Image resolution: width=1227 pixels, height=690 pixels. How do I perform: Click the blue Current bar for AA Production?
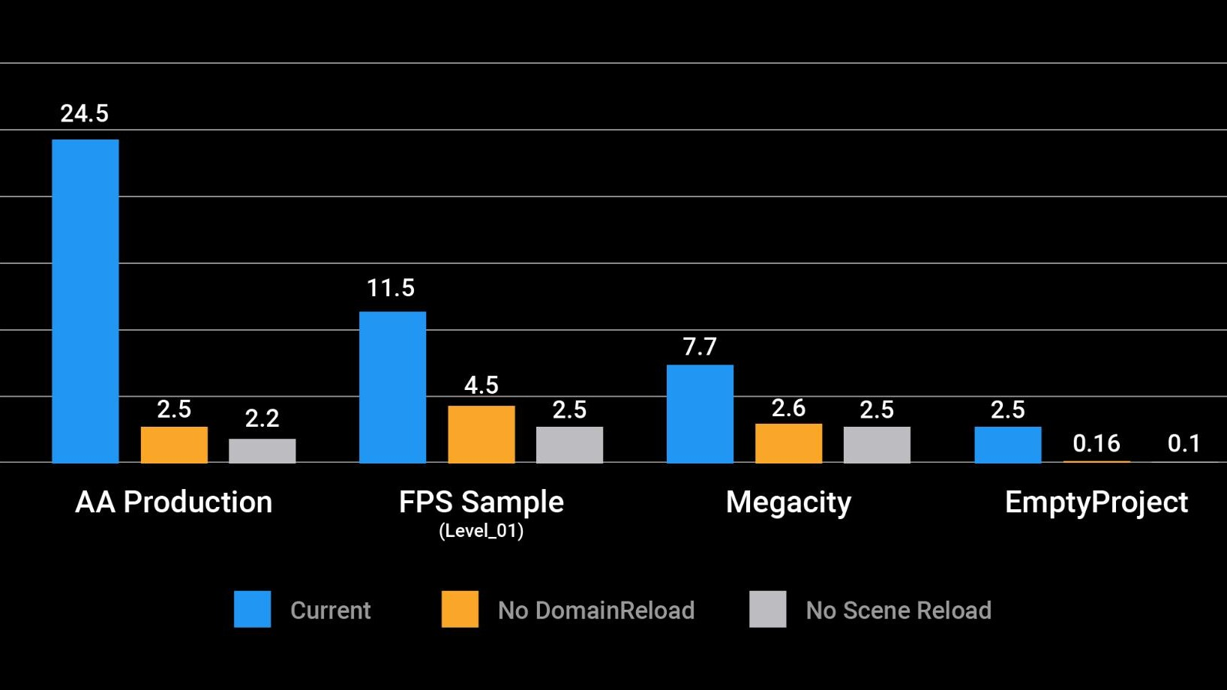pyautogui.click(x=85, y=301)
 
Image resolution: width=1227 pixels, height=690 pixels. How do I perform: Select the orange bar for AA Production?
pyautogui.click(x=174, y=445)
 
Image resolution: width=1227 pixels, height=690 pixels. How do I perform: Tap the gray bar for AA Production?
pyautogui.click(x=262, y=451)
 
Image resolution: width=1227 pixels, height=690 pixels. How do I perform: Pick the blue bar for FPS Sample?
pyautogui.click(x=392, y=387)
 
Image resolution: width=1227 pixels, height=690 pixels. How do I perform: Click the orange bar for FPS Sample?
pyautogui.click(x=481, y=434)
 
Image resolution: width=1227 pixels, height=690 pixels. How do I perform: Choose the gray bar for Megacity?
pyautogui.click(x=877, y=445)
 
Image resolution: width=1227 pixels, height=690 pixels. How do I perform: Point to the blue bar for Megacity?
pyautogui.click(x=700, y=414)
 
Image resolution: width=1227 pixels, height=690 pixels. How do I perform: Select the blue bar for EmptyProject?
pyautogui.click(x=1007, y=445)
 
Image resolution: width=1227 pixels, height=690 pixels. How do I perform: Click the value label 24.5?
pyautogui.click(x=84, y=114)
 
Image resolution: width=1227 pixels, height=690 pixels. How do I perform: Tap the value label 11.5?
pyautogui.click(x=390, y=288)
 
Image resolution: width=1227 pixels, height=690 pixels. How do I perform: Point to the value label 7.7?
pyautogui.click(x=699, y=346)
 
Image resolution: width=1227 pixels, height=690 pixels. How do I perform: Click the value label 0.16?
pyautogui.click(x=1096, y=443)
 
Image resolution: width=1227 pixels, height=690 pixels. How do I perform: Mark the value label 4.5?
pyautogui.click(x=481, y=385)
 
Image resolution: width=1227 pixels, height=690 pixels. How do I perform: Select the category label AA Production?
pyautogui.click(x=173, y=502)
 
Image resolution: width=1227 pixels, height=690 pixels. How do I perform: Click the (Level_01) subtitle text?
pyautogui.click(x=481, y=531)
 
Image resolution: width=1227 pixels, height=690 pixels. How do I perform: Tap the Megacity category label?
pyautogui.click(x=788, y=502)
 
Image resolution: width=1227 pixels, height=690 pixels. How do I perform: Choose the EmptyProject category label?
pyautogui.click(x=1096, y=502)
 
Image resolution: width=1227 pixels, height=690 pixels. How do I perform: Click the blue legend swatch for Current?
pyautogui.click(x=252, y=609)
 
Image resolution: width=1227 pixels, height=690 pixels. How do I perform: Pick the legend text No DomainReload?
pyautogui.click(x=595, y=610)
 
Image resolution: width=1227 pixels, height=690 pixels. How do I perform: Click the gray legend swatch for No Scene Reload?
pyautogui.click(x=767, y=609)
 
